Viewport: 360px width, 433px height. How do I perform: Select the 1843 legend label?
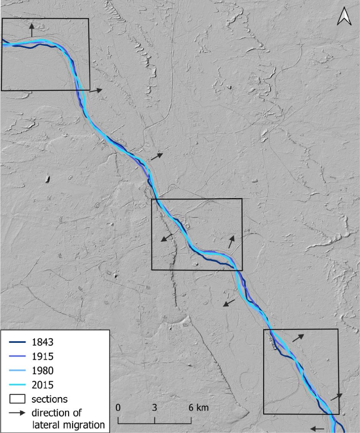43,342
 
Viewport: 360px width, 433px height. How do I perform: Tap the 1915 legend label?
43,356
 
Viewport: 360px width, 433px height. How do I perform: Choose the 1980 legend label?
43,370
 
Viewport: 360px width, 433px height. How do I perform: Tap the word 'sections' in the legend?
49,399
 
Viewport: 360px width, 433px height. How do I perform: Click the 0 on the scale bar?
118,408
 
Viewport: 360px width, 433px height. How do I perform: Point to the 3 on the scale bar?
155,408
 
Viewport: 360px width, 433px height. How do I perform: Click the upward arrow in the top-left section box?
32,30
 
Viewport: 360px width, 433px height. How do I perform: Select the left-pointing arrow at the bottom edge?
317,428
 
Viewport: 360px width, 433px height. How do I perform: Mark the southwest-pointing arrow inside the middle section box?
165,239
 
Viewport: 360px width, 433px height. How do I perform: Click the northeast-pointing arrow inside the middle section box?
231,242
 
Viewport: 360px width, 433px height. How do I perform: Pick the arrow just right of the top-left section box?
96,91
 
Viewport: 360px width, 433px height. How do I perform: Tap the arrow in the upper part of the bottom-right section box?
298,337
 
